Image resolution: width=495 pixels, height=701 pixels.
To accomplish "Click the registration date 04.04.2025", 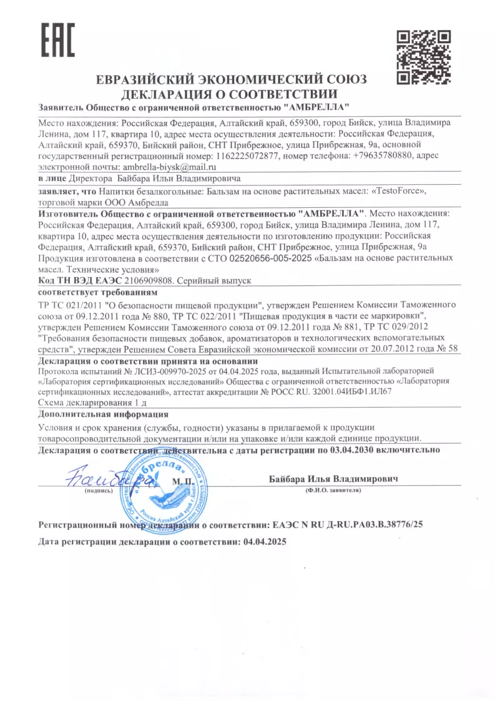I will click(x=264, y=543).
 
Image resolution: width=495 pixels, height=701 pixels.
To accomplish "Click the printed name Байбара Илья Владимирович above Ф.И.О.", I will click(x=333, y=478).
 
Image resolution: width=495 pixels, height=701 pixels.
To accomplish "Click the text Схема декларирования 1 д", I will click(x=92, y=403).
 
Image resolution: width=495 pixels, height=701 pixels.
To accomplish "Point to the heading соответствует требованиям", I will click(x=98, y=292).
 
